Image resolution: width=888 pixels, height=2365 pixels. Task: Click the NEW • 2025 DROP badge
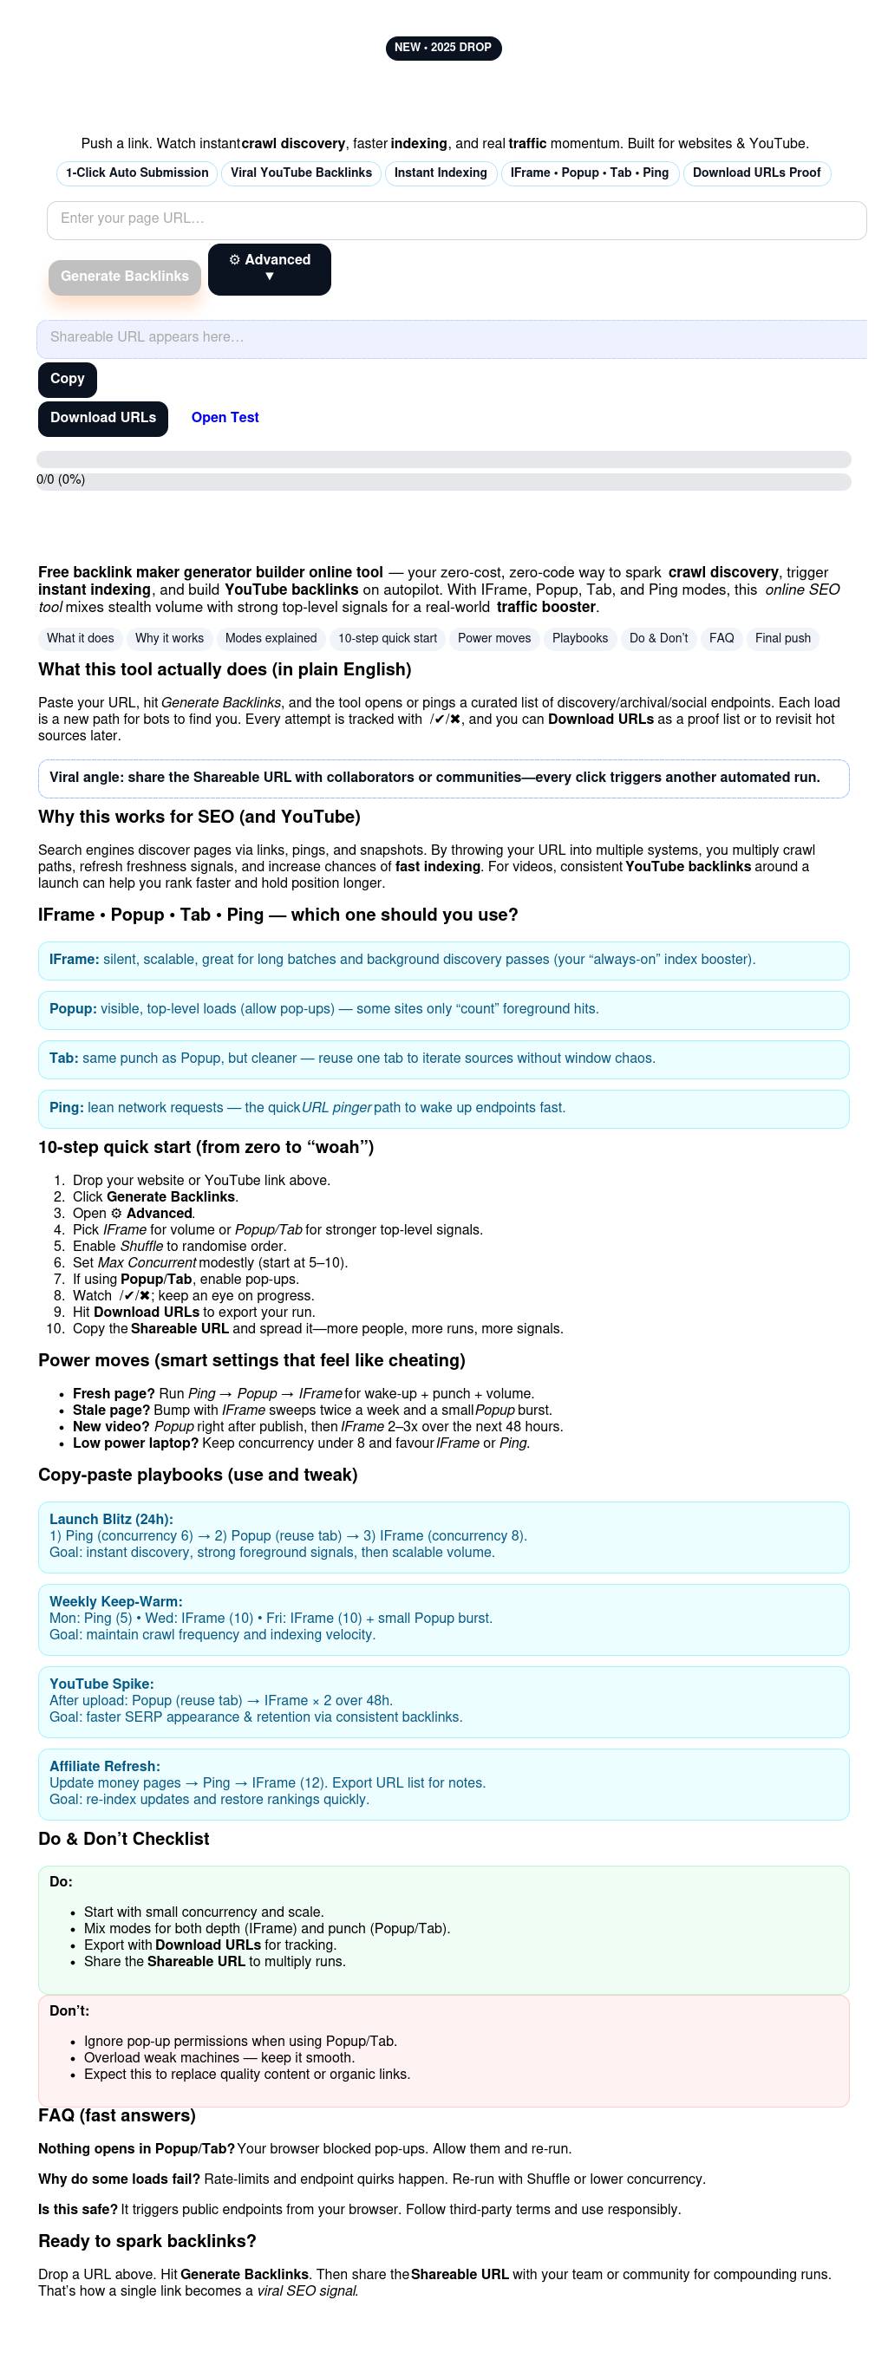coord(443,48)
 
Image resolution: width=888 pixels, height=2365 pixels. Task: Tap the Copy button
coord(67,379)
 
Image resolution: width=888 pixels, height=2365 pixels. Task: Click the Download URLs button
coord(103,419)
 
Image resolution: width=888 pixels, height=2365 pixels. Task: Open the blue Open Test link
coord(225,418)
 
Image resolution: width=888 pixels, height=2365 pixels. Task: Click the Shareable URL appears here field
coord(451,338)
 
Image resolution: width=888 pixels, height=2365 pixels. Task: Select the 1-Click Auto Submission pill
coord(137,173)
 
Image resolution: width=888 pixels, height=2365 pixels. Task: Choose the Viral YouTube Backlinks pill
coord(301,173)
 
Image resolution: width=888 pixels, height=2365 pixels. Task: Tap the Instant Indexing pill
coord(441,173)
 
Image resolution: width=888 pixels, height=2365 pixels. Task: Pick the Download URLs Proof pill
coord(757,173)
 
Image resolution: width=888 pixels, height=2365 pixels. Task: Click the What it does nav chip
coord(81,639)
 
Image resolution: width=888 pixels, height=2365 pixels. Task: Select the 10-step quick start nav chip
coord(388,639)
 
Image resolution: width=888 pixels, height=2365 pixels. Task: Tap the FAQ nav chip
coord(721,639)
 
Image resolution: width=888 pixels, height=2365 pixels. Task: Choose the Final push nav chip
coord(782,639)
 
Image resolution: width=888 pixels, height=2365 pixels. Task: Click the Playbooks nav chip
coord(579,639)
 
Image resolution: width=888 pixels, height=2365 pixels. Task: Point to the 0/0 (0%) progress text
coord(61,480)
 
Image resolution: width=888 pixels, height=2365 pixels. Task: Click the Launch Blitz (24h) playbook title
coord(111,1521)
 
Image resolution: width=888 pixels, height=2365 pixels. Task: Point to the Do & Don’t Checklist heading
coord(124,1840)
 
